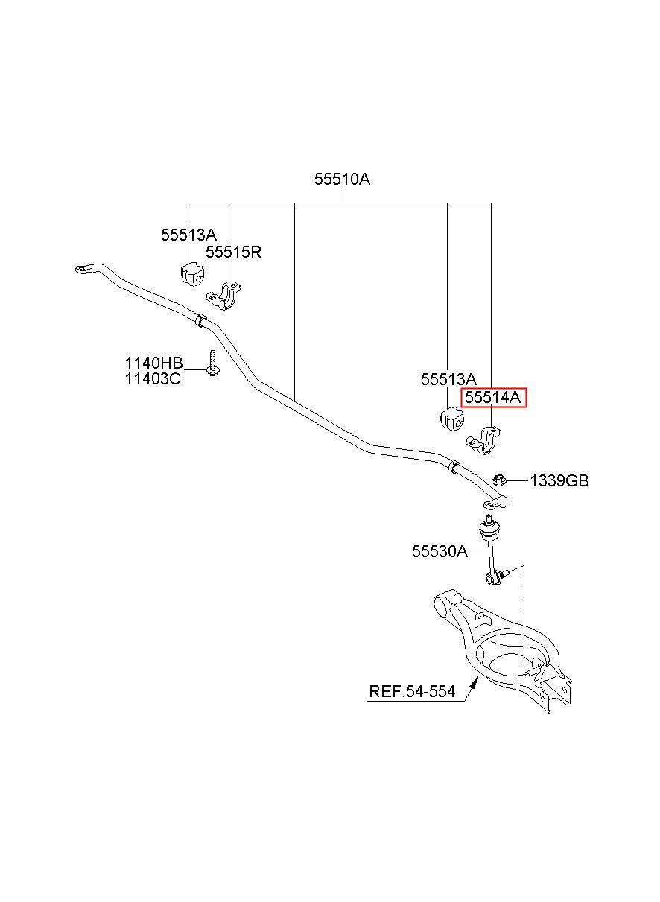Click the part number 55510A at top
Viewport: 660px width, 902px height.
[342, 179]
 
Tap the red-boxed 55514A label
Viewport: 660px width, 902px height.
[493, 398]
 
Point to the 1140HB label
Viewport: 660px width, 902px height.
[153, 363]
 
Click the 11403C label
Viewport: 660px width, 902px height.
[153, 379]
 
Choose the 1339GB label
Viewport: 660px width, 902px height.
[559, 481]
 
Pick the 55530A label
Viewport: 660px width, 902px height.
[440, 551]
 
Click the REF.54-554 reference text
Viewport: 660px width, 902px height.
[412, 692]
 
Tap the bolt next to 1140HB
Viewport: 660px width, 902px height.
[212, 363]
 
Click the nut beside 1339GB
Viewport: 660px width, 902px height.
[498, 480]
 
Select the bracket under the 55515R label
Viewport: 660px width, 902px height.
[224, 296]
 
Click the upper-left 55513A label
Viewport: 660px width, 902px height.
[188, 235]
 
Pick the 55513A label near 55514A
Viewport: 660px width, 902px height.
[448, 379]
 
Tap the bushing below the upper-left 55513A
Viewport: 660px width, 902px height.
[191, 273]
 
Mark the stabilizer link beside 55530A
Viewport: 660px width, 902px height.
[492, 550]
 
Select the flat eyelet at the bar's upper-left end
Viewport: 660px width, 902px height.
[85, 269]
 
